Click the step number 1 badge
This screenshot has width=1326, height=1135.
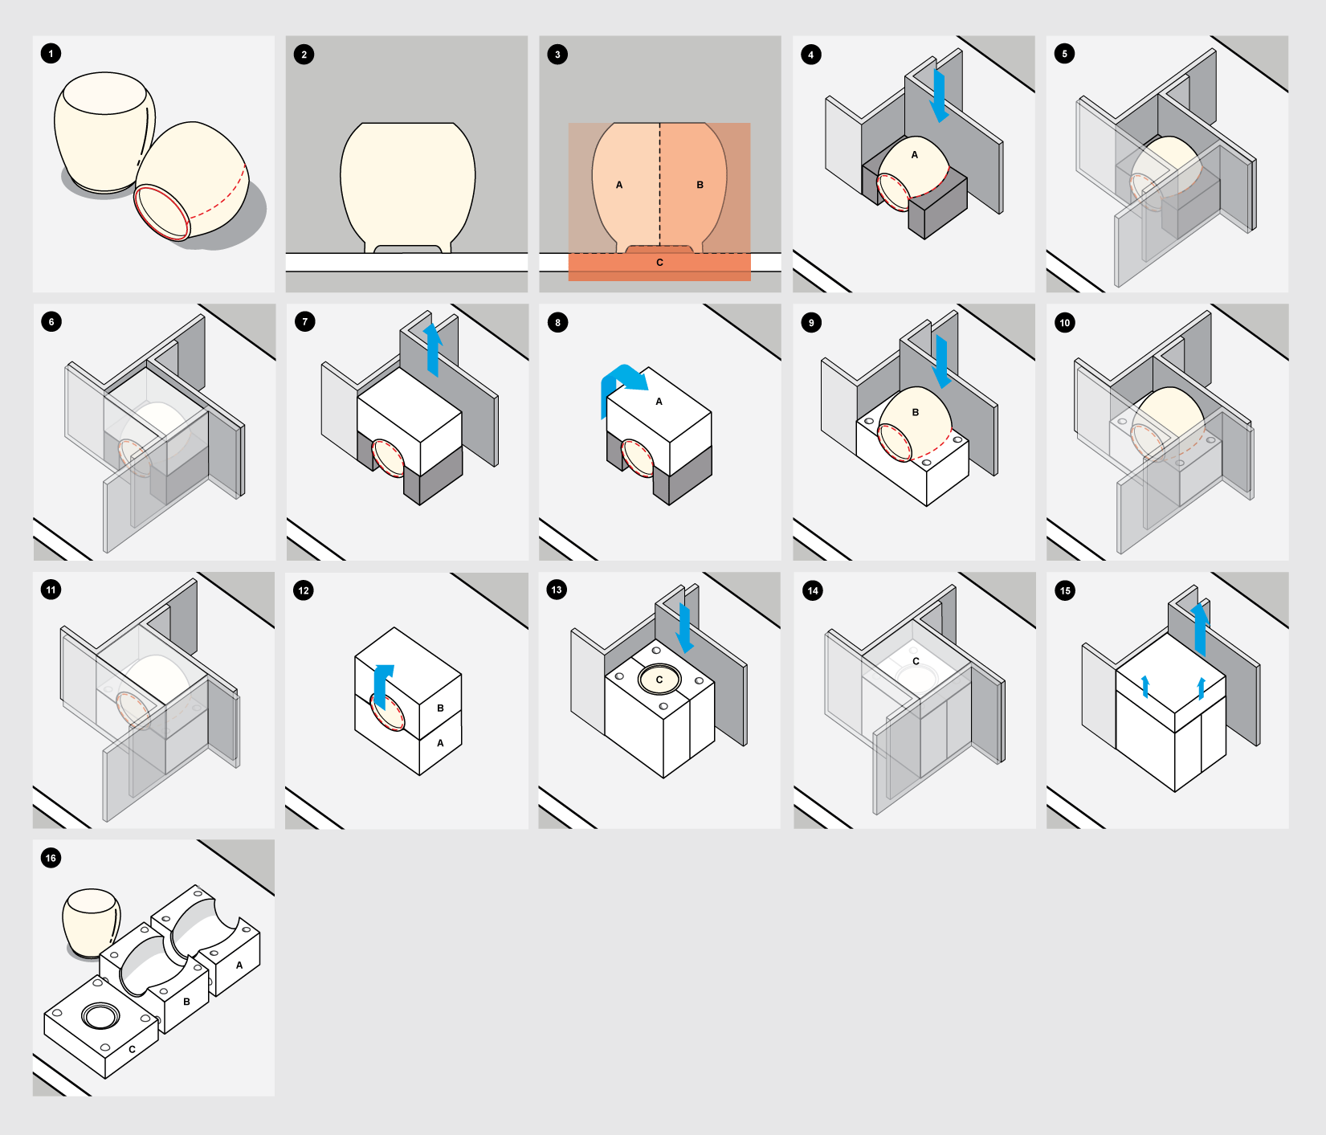[51, 54]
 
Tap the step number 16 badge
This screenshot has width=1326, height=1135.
[51, 858]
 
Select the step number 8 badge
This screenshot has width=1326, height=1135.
[557, 323]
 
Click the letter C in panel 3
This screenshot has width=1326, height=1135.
[659, 263]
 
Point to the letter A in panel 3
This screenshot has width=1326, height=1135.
[619, 185]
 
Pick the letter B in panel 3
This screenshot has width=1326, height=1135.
[700, 185]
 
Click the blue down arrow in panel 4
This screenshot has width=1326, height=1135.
[939, 96]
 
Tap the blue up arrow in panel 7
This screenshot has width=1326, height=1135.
[433, 349]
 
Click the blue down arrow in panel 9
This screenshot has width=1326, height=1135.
[941, 361]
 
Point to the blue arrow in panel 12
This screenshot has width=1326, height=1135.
[382, 687]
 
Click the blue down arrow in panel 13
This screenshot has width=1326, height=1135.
[684, 629]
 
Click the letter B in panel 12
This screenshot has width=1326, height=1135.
[440, 708]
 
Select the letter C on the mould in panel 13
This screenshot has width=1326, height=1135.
[659, 680]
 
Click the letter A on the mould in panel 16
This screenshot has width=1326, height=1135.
[239, 965]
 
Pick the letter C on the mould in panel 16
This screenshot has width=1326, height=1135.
[133, 1049]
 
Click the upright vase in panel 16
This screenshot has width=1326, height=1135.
[92, 922]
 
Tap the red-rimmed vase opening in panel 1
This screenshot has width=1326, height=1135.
[161, 212]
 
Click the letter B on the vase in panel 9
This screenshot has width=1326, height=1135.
[915, 412]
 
